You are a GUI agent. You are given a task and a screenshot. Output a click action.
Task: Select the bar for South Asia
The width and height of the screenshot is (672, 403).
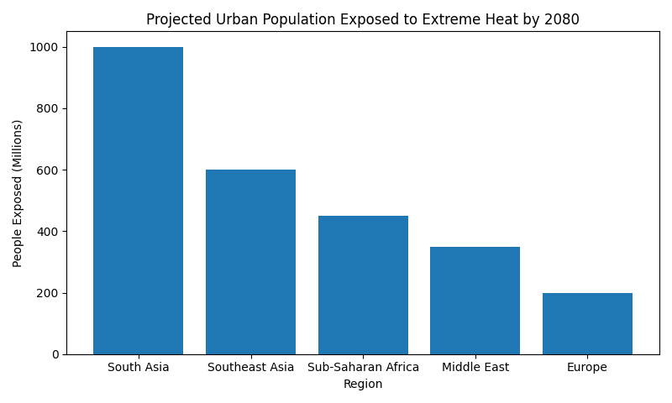[x=138, y=201]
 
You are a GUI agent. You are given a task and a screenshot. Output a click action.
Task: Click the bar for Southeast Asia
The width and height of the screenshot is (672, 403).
[x=250, y=262]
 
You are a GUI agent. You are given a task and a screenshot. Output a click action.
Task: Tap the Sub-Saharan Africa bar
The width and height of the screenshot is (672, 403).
[x=363, y=285]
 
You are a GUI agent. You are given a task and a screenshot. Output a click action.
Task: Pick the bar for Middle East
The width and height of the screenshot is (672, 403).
[x=475, y=301]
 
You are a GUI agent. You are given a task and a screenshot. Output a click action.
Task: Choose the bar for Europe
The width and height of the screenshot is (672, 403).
[x=587, y=323]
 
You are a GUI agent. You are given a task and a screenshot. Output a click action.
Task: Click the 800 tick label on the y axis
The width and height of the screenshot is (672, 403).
[x=49, y=109]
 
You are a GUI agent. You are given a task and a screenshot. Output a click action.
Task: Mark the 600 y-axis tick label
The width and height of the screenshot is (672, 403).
[x=49, y=170]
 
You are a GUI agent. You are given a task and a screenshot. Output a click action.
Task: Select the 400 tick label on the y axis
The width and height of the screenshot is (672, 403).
[x=49, y=232]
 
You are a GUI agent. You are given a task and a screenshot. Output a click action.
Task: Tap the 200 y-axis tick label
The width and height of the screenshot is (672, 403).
[x=49, y=293]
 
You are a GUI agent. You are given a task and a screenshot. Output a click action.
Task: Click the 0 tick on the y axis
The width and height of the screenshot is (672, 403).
[x=55, y=354]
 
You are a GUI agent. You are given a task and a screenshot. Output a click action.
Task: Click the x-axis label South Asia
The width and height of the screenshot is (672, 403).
[x=138, y=368]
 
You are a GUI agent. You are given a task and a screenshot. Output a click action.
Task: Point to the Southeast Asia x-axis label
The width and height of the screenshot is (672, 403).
[x=250, y=368]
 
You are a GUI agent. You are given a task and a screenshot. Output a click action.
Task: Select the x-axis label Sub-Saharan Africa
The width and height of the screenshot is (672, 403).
[x=363, y=368]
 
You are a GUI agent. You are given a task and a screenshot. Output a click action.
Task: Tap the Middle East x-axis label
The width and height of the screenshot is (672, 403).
[x=475, y=368]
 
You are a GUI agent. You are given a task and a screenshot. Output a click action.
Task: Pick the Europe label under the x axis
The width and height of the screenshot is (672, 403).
[x=587, y=368]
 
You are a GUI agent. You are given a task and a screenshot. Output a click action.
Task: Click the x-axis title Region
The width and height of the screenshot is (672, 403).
[x=363, y=385]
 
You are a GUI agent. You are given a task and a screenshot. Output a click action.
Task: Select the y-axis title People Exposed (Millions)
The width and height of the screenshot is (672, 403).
[x=18, y=193]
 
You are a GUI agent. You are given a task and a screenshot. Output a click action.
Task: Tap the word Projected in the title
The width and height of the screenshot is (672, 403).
[x=178, y=20]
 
